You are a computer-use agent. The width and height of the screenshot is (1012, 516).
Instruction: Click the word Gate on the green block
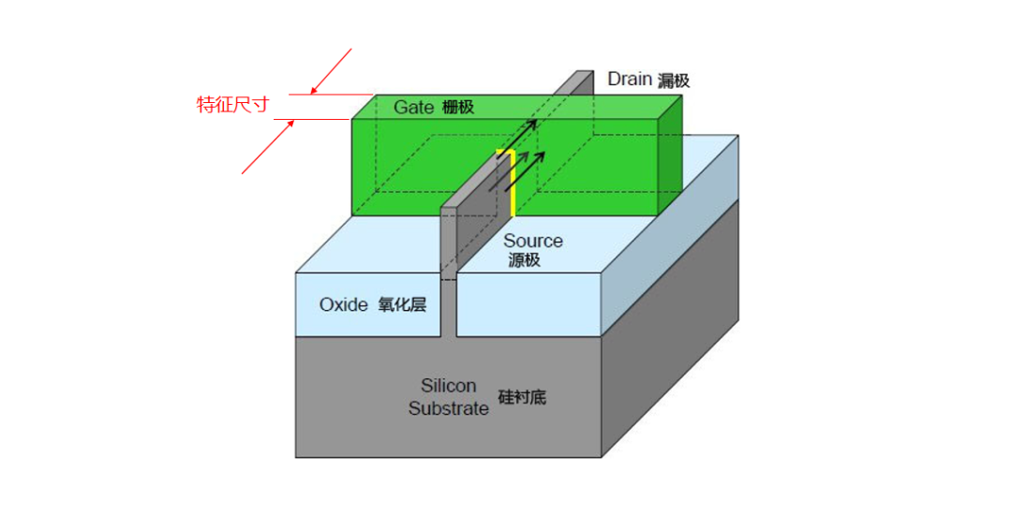[x=413, y=107]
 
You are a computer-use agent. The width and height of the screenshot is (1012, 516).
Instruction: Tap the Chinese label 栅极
[x=457, y=108]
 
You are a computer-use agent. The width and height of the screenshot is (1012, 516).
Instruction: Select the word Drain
[x=629, y=79]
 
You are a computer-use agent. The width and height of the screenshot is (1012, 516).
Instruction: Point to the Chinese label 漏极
[x=673, y=81]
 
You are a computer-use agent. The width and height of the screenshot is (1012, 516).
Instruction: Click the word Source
[x=533, y=241]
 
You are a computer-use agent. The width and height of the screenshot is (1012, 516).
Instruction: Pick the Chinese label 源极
[x=525, y=260]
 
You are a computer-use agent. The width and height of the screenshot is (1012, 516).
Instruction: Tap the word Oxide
[x=344, y=304]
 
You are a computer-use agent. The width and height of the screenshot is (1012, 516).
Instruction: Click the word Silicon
[x=448, y=386]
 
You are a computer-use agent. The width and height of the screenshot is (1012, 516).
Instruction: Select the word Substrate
[x=448, y=408]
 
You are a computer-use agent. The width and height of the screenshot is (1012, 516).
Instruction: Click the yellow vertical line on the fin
[x=513, y=183]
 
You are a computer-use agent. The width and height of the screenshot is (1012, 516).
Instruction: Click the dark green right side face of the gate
[x=669, y=159]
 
